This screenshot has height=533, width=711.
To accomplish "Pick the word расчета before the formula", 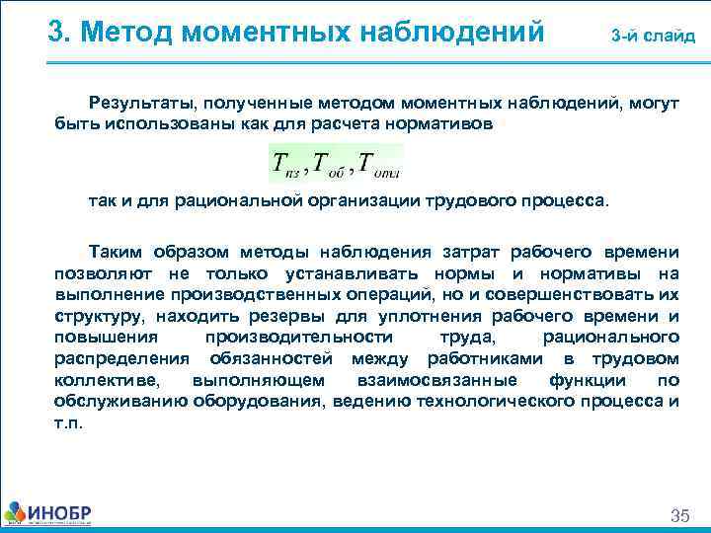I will tap(369, 123).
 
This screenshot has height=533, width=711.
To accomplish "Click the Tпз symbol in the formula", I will tap(285, 163).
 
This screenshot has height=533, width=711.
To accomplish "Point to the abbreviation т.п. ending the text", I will tap(68, 421).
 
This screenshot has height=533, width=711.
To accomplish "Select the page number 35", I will tap(680, 515).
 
